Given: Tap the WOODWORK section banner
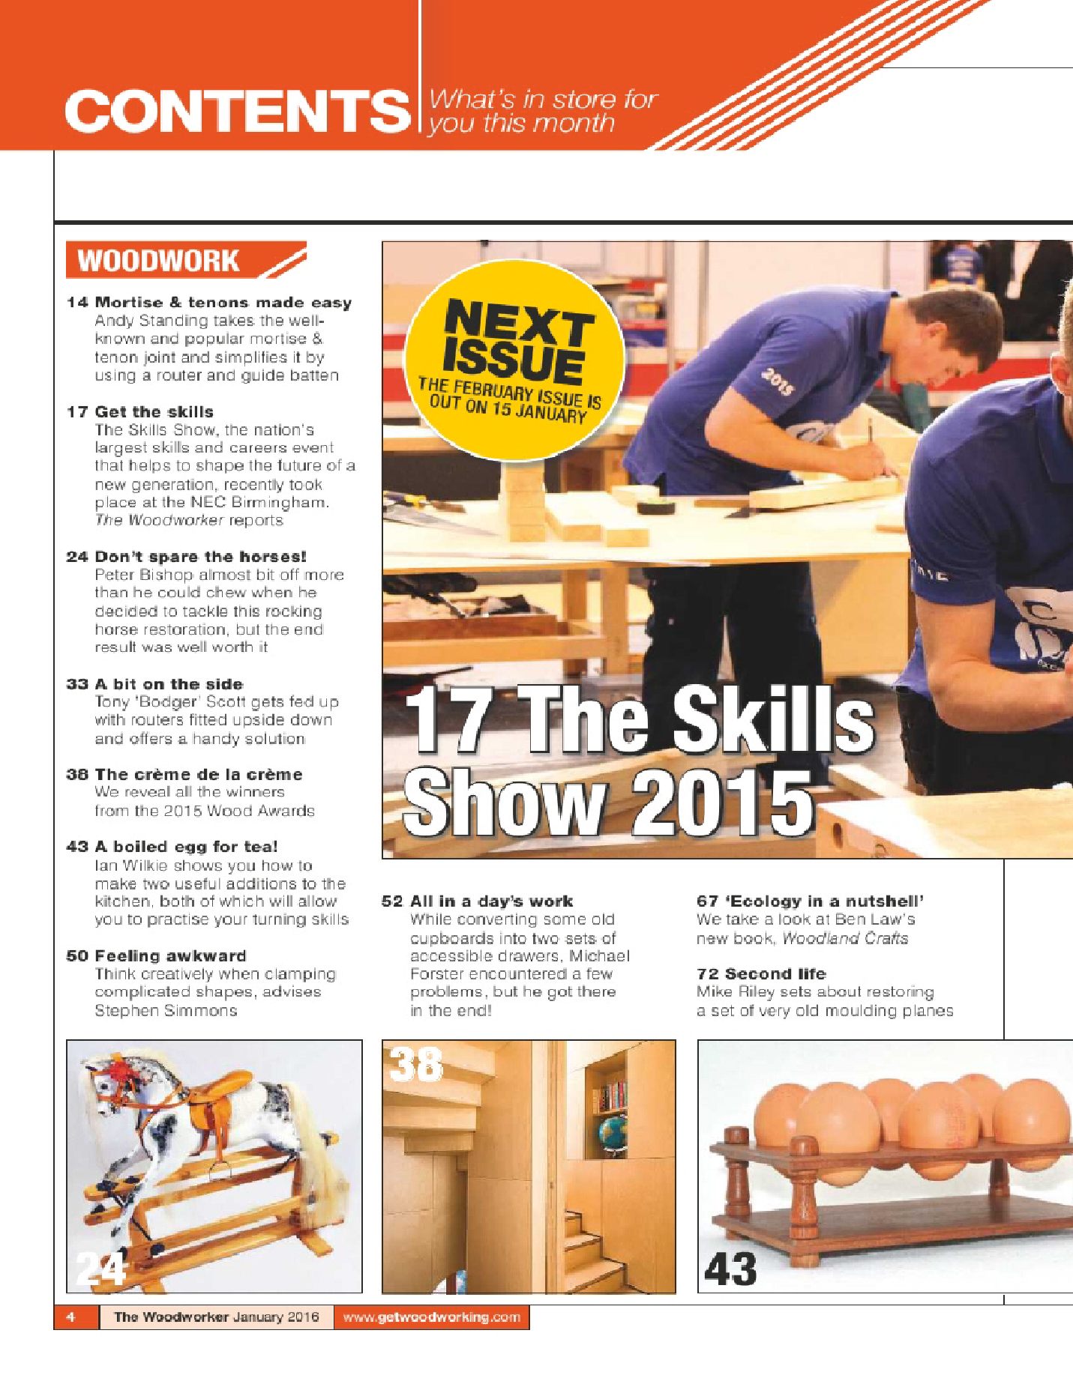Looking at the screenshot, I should point(159,261).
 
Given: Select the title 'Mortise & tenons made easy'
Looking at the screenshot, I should point(223,303).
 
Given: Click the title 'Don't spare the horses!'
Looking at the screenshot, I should point(200,557).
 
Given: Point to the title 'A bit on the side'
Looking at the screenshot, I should point(169,684).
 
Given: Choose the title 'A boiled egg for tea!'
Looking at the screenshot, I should point(186,847).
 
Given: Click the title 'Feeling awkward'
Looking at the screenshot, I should point(170,956).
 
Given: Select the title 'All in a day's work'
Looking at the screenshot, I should point(491,901).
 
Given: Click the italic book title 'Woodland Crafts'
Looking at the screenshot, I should point(845,939).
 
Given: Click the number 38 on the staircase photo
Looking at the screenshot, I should point(417,1065).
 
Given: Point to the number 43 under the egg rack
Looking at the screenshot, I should point(730,1269).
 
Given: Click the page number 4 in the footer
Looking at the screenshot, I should point(70,1317).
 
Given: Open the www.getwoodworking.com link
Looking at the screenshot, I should point(431,1317).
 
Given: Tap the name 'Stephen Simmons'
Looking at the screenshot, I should point(166,1011).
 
